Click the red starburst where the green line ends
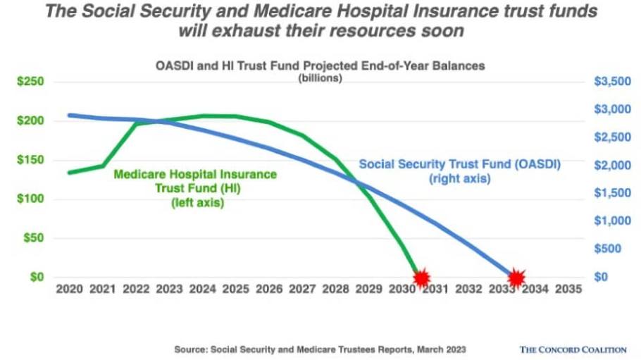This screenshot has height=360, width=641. click(x=421, y=278)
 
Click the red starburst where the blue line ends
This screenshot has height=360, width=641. click(x=516, y=278)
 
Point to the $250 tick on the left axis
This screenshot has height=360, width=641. click(x=30, y=82)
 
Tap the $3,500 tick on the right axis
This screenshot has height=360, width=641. click(x=609, y=82)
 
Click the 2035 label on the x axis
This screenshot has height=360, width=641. click(x=568, y=290)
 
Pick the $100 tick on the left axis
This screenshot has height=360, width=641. click(x=30, y=199)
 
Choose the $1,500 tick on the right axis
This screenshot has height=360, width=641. click(x=609, y=192)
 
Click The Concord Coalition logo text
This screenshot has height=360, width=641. click(x=573, y=349)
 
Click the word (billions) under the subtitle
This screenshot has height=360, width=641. click(x=320, y=78)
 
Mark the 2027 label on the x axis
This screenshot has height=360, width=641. click(x=301, y=290)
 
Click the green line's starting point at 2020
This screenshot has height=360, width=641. click(x=68, y=172)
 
